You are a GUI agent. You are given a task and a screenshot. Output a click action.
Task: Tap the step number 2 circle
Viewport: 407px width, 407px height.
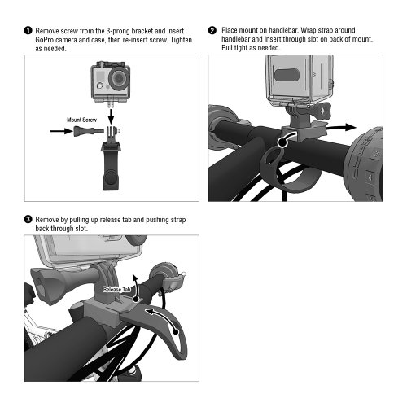[213, 30]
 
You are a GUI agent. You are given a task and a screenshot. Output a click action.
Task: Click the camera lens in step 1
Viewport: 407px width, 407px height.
[118, 81]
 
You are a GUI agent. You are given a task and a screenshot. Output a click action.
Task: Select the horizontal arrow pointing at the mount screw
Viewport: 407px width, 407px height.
[56, 129]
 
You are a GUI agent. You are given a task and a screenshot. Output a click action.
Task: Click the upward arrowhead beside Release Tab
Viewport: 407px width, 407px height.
[137, 277]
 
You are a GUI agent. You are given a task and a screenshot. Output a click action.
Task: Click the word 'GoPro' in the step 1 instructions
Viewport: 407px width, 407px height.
[45, 39]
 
